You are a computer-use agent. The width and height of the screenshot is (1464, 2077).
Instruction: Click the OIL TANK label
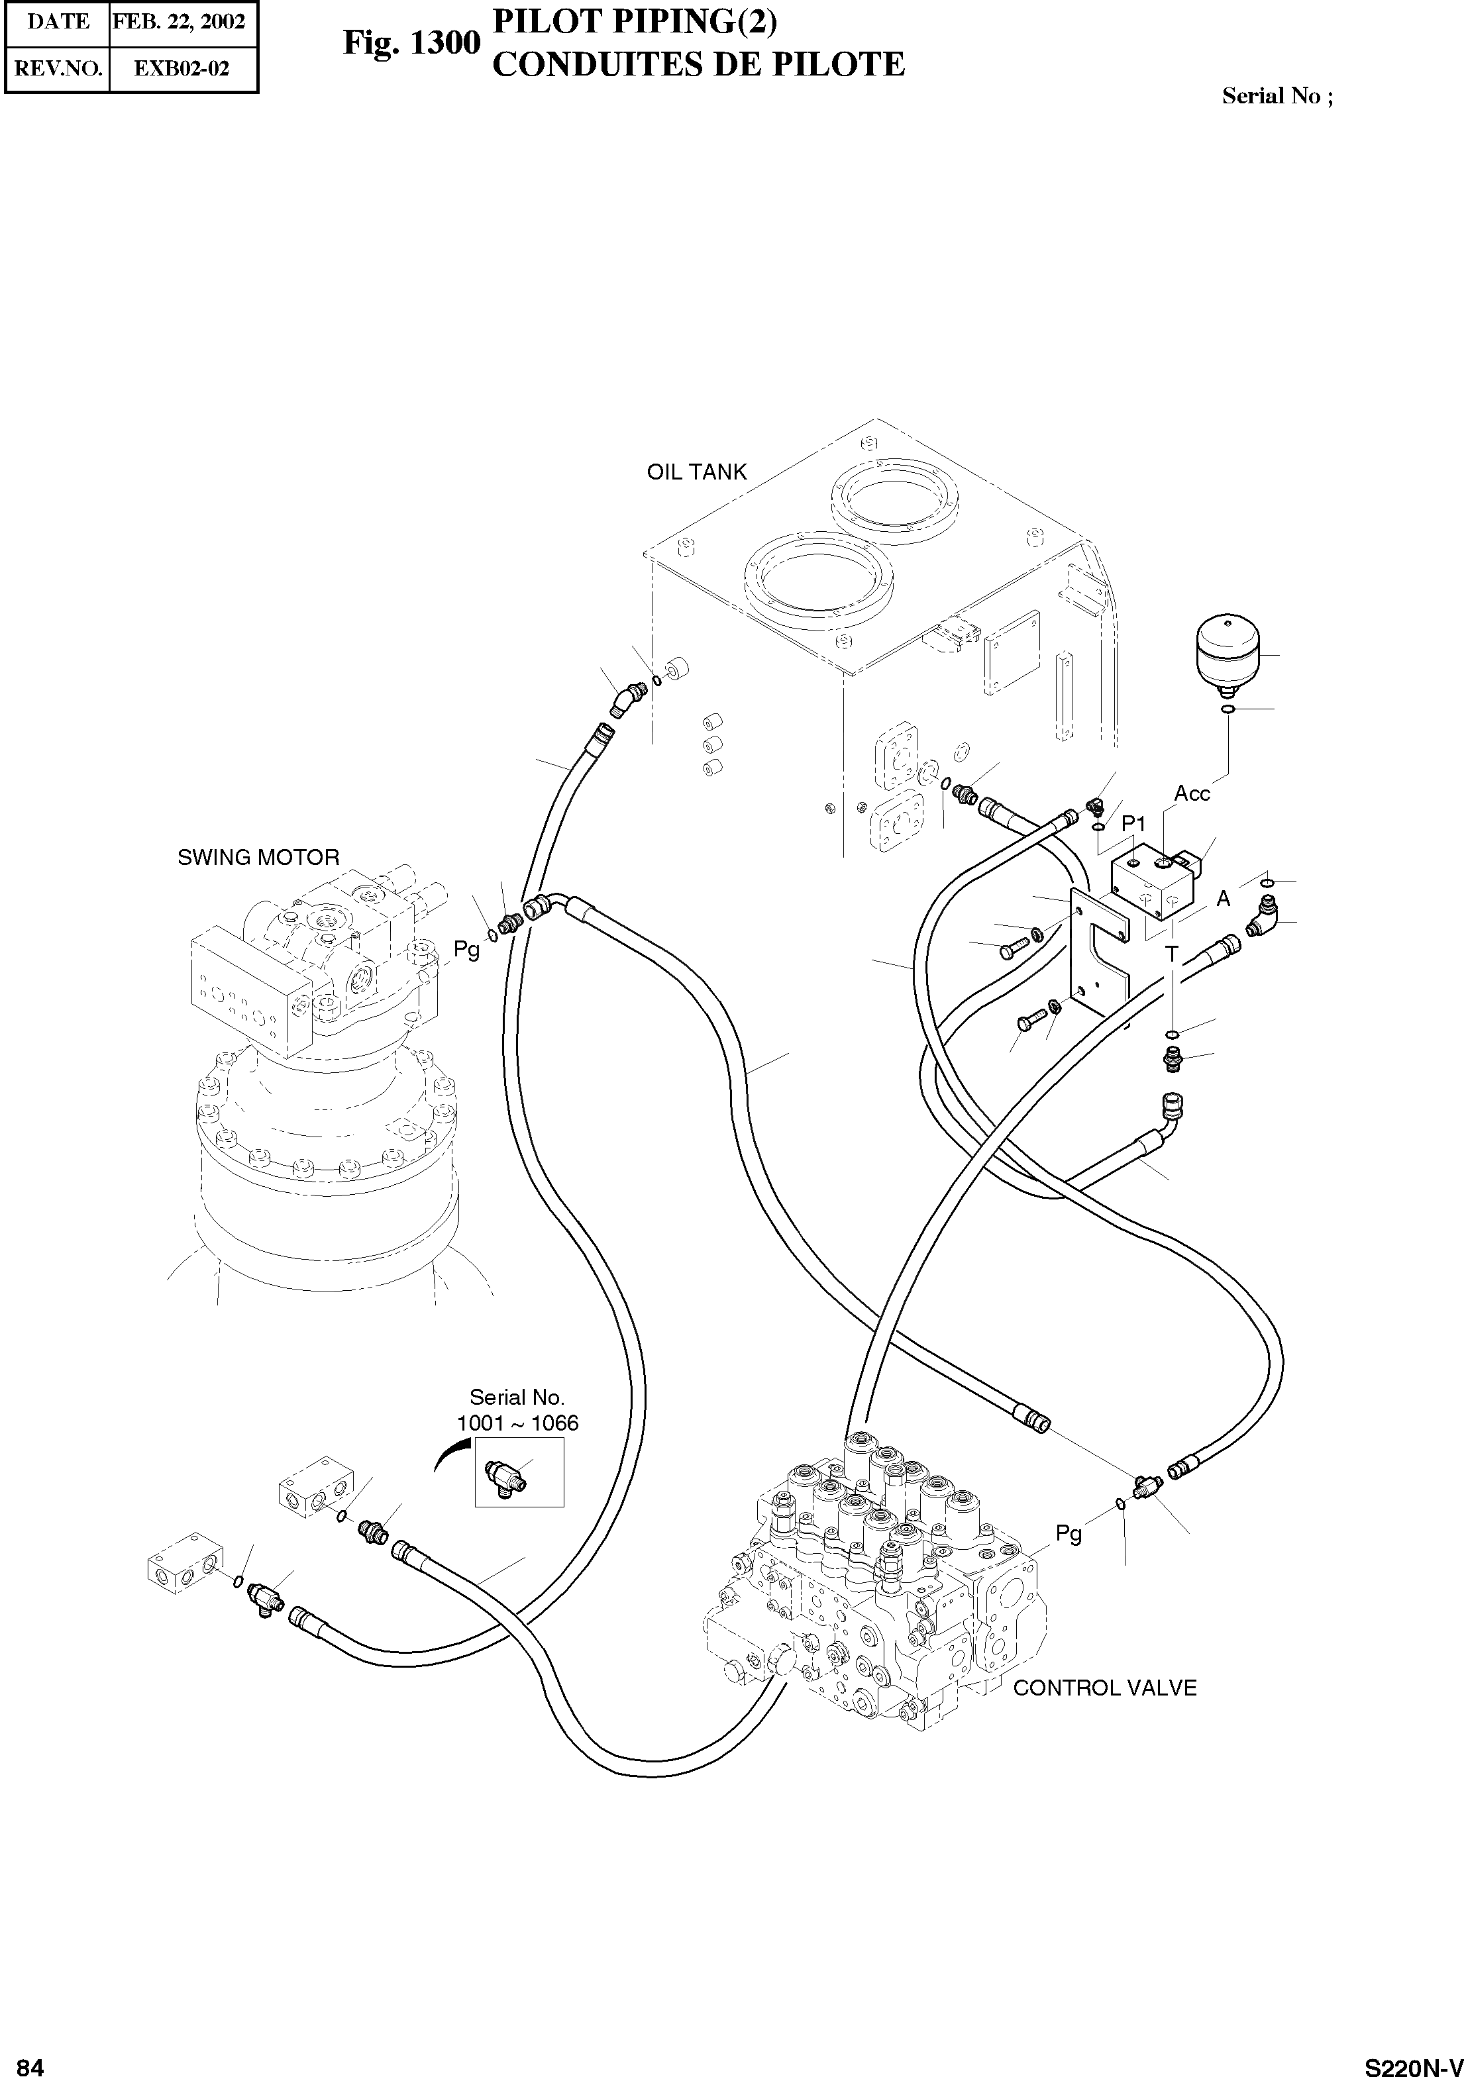pyautogui.click(x=697, y=472)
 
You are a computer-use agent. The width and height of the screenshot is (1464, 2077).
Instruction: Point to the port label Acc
pyautogui.click(x=1192, y=794)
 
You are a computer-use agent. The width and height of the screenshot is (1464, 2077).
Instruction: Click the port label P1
pyautogui.click(x=1133, y=824)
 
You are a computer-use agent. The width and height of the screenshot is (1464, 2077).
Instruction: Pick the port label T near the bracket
pyautogui.click(x=1171, y=954)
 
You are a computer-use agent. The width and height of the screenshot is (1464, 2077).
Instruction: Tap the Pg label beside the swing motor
pyautogui.click(x=467, y=949)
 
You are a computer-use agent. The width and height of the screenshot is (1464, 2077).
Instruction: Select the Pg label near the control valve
pyautogui.click(x=1069, y=1533)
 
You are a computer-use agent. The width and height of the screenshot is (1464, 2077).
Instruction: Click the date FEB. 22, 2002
pyautogui.click(x=179, y=22)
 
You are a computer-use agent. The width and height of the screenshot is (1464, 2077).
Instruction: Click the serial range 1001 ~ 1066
pyautogui.click(x=517, y=1423)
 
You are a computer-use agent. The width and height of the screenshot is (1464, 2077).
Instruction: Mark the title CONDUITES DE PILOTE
pyautogui.click(x=698, y=65)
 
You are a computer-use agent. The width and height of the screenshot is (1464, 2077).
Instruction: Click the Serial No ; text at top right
pyautogui.click(x=1277, y=96)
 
